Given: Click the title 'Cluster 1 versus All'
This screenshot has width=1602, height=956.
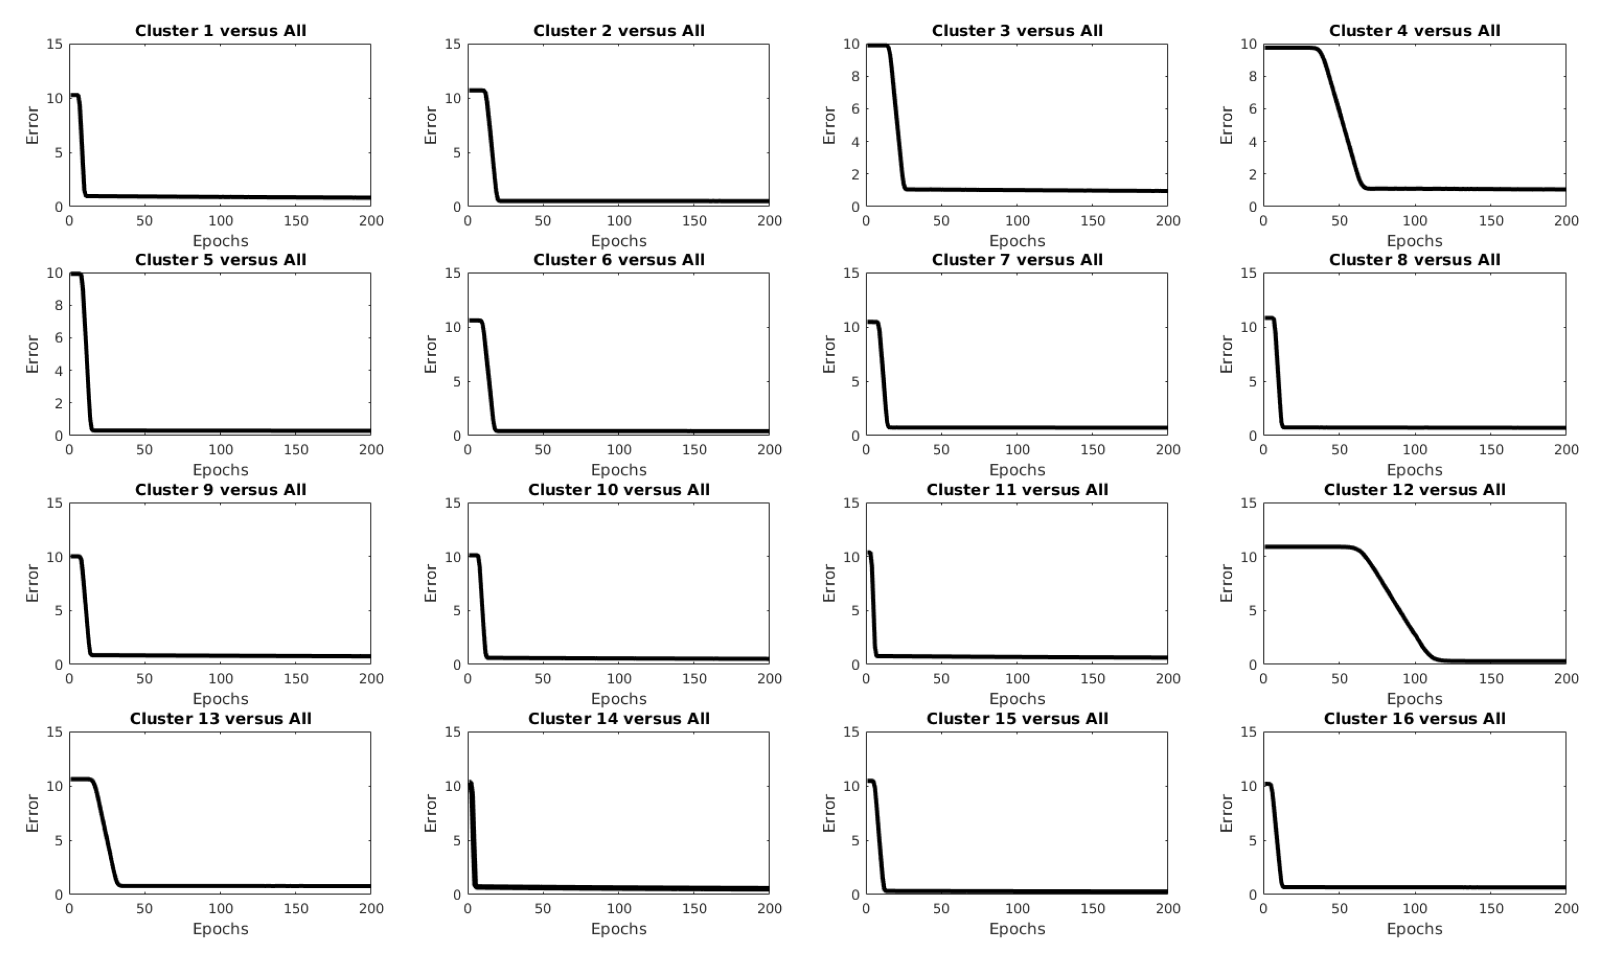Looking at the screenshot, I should (x=220, y=31).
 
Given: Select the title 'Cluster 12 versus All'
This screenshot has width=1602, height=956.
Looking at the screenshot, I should (x=1415, y=489).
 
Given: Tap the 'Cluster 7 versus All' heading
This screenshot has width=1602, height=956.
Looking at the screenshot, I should (x=1017, y=260).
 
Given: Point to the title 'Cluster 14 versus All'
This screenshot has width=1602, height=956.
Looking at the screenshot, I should (x=619, y=718).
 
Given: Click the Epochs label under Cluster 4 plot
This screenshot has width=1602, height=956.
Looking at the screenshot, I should (x=1415, y=241).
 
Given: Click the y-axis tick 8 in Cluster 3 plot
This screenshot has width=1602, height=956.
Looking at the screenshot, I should (x=855, y=77).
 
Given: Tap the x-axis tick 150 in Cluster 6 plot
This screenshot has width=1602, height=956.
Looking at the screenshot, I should (x=694, y=449).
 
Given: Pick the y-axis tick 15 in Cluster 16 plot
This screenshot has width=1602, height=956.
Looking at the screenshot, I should (x=1248, y=732).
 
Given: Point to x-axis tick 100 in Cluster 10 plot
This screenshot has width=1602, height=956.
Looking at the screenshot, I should (x=619, y=678).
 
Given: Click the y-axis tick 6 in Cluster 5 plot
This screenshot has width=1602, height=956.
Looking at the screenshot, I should (x=59, y=338).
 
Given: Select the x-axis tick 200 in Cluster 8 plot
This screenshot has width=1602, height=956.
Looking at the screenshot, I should (x=1566, y=449).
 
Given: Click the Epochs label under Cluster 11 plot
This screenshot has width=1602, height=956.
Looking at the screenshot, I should (x=1017, y=699).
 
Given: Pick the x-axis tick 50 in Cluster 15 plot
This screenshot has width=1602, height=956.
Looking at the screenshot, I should (x=941, y=909).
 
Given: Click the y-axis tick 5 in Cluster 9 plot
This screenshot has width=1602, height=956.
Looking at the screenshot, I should (x=59, y=610).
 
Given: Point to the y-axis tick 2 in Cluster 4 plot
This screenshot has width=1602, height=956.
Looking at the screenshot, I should (x=1253, y=174).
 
